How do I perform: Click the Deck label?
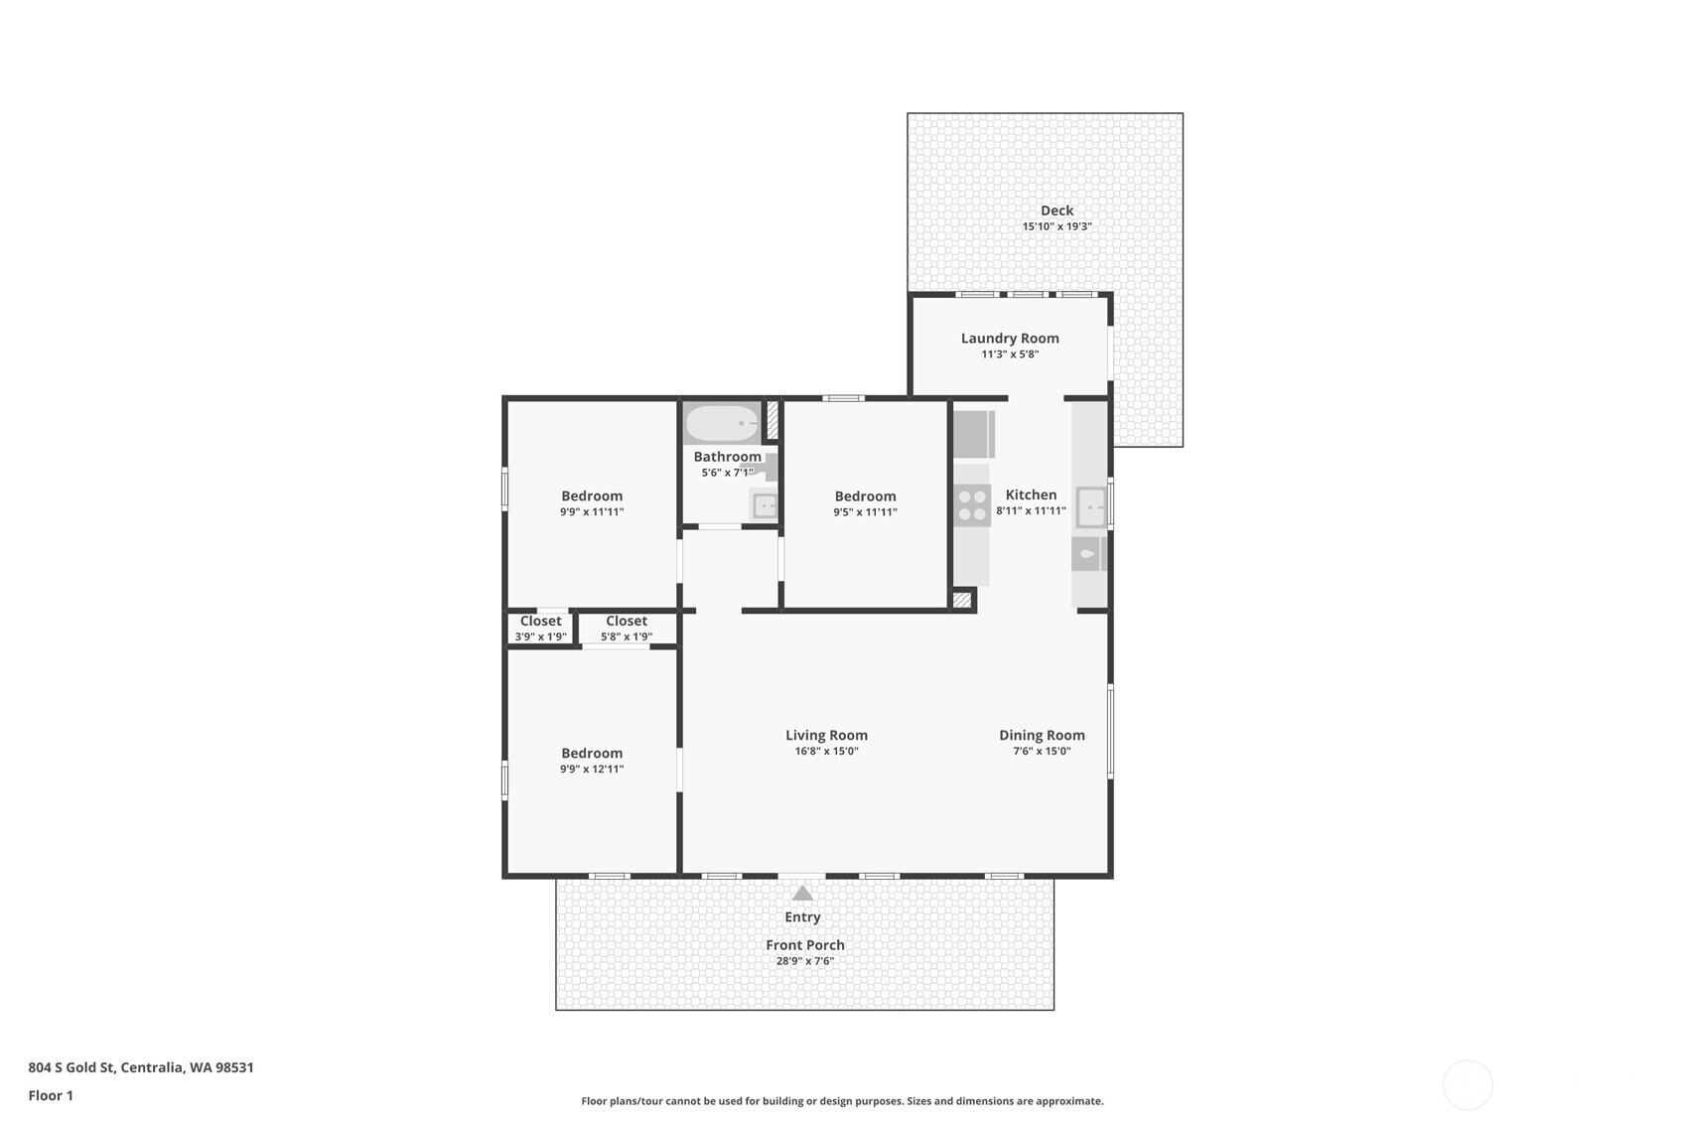coord(1056,211)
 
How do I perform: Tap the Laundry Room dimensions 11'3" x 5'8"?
coord(1010,354)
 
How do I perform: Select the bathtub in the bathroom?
coord(722,423)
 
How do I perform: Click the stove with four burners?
coord(972,505)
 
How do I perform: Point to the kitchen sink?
coord(1091,507)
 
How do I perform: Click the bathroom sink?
coord(765,505)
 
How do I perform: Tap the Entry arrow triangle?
coord(802,893)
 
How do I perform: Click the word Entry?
coord(802,916)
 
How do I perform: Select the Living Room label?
coord(827,735)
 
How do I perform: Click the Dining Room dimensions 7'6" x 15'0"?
coord(1042,751)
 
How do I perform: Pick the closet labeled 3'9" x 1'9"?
coord(540,629)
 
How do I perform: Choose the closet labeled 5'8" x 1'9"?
coord(627,629)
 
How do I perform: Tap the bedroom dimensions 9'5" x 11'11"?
coord(865,512)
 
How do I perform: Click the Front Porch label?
coord(805,944)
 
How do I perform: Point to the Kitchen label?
coord(1032,494)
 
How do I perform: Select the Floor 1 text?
coord(52,1095)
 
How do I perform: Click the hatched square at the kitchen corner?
coord(962,600)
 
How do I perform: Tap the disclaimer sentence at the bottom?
coord(842,1101)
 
